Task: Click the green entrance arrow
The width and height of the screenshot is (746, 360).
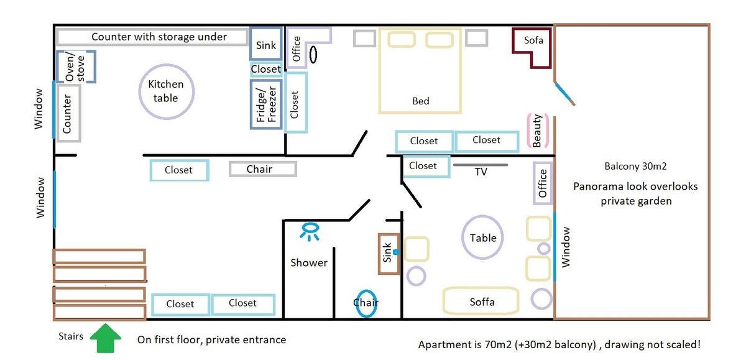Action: [106, 338]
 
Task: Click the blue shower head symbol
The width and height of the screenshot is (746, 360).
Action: [310, 231]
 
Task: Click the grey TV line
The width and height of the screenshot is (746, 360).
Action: [480, 165]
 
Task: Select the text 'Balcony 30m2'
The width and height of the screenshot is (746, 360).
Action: [635, 166]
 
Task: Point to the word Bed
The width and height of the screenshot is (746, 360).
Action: [421, 101]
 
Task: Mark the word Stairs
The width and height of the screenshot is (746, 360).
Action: [71, 336]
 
